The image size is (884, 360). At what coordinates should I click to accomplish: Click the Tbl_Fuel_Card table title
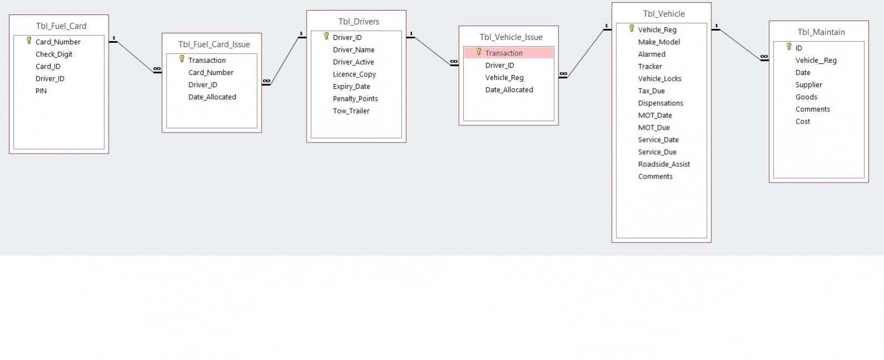[x=61, y=26]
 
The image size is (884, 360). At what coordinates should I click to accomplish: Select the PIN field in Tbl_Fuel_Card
[x=41, y=91]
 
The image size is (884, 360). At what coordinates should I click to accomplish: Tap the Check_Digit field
[x=54, y=54]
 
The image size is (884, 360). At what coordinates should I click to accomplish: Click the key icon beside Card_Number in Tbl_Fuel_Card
[x=29, y=41]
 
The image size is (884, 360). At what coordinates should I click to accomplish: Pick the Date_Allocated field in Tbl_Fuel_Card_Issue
[x=212, y=97]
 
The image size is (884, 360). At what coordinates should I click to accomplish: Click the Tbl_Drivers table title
[x=358, y=22]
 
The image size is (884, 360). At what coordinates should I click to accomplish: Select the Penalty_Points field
[x=355, y=98]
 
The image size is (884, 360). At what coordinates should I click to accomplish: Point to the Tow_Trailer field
[x=351, y=111]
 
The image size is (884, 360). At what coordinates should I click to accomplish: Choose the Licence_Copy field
[x=354, y=74]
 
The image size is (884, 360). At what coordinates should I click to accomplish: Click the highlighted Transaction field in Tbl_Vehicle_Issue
[x=504, y=53]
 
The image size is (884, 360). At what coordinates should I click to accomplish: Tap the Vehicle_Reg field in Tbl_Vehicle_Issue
[x=504, y=77]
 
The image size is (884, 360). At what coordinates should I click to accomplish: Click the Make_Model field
[x=659, y=42]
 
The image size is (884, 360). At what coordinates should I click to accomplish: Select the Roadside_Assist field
[x=664, y=164]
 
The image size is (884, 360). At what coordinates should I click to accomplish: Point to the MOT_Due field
[x=654, y=127]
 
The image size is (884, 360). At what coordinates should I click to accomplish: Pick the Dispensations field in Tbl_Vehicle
[x=660, y=103]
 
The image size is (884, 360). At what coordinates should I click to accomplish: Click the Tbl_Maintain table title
[x=821, y=32]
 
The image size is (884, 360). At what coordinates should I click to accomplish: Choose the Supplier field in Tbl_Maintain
[x=808, y=85]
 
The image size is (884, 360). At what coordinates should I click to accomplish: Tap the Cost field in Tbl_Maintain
[x=803, y=121]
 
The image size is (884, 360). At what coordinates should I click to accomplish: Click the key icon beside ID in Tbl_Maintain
[x=789, y=47]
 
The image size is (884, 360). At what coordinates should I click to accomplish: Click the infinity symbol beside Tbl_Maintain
[x=764, y=57]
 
